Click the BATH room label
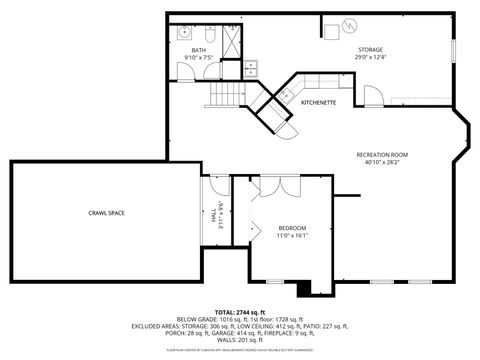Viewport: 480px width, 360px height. coord(199,51)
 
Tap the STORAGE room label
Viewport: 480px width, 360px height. coord(371,49)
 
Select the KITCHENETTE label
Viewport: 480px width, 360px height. coord(318,103)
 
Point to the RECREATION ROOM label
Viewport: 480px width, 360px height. coord(383,154)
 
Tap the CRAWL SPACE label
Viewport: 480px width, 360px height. coord(106,213)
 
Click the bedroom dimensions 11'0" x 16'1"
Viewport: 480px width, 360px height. coord(292,235)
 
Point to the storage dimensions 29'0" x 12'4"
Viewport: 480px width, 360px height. coord(371,57)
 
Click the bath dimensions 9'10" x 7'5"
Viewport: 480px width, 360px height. coord(199,59)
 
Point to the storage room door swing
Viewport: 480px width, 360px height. coord(371,96)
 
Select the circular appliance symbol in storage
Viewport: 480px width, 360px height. coord(350,25)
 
